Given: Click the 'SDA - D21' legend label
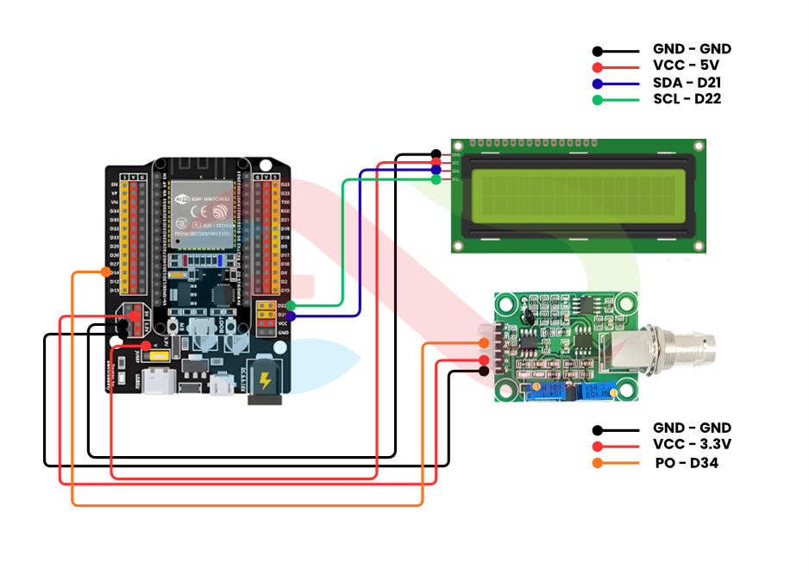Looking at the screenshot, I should tap(687, 83).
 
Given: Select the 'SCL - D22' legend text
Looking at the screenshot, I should tap(687, 99).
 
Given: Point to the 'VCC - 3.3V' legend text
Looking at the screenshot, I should tap(692, 445).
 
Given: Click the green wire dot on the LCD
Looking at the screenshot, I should tap(436, 179).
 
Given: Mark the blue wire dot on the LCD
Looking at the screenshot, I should tap(436, 171).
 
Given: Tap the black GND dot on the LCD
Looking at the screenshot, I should tap(436, 154).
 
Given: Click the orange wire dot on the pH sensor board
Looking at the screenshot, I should tap(484, 344).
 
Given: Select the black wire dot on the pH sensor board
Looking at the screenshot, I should tap(484, 371).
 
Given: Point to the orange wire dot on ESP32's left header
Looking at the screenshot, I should tap(106, 272).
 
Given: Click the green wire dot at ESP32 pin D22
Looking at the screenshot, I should tap(292, 305).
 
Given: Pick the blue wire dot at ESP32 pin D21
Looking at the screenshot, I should tap(292, 316).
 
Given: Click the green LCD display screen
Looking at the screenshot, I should tap(575, 195).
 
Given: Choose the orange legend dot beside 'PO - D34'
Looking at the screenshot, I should tap(598, 464).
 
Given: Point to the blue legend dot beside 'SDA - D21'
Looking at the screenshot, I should tap(598, 84).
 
